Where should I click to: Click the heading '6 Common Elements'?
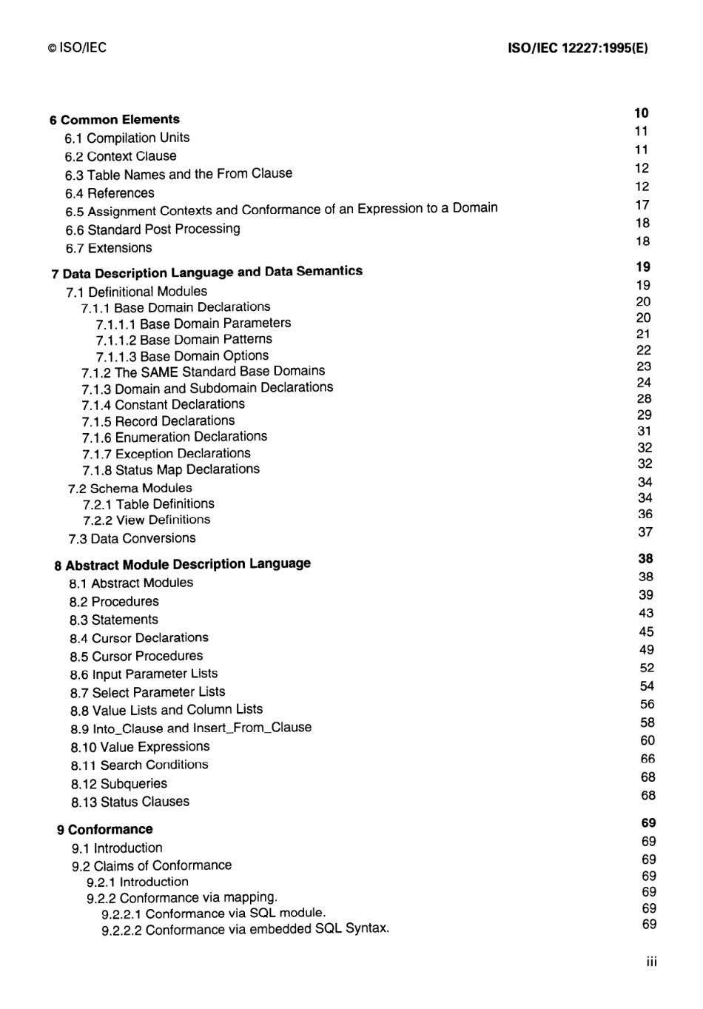(115, 119)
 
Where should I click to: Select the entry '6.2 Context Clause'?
(121, 156)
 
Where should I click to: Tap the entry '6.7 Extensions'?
(109, 248)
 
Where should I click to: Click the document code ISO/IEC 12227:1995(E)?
(578, 48)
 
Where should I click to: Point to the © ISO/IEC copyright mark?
(78, 48)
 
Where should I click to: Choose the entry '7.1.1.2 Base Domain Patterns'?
(184, 340)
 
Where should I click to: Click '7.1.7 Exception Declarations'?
(166, 453)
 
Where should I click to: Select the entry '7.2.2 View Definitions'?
(147, 520)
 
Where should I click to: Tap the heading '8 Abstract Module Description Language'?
(182, 565)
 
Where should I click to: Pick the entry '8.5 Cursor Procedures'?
(136, 656)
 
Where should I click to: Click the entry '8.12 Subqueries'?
(119, 783)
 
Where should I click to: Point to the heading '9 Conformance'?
(105, 830)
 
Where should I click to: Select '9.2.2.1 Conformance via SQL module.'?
(213, 914)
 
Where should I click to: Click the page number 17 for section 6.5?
(642, 205)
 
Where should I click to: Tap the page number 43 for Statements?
(646, 613)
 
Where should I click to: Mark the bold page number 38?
(645, 559)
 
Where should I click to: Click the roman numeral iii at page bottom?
(651, 962)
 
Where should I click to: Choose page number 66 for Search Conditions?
(647, 759)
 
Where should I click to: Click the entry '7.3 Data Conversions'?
(132, 538)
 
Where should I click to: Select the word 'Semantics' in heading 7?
(329, 271)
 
